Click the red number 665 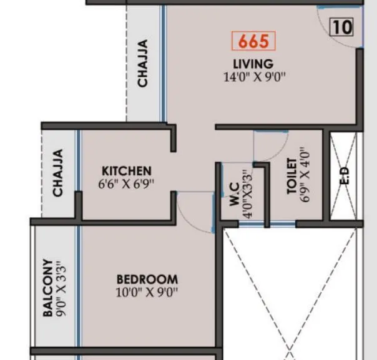click(x=253, y=41)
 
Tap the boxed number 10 click(x=341, y=27)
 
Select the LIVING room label click(x=253, y=64)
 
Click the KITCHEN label click(x=127, y=170)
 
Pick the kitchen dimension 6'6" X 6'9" click(x=126, y=183)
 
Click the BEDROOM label click(x=147, y=280)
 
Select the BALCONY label click(x=47, y=288)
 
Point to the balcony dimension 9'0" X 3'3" click(x=61, y=288)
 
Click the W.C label click(x=233, y=194)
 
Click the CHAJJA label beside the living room click(x=143, y=64)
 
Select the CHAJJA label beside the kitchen click(x=58, y=173)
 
